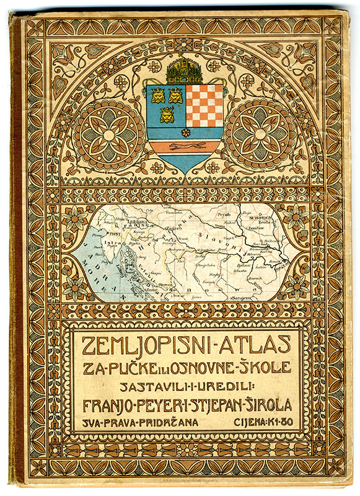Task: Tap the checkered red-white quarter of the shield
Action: click(x=204, y=105)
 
